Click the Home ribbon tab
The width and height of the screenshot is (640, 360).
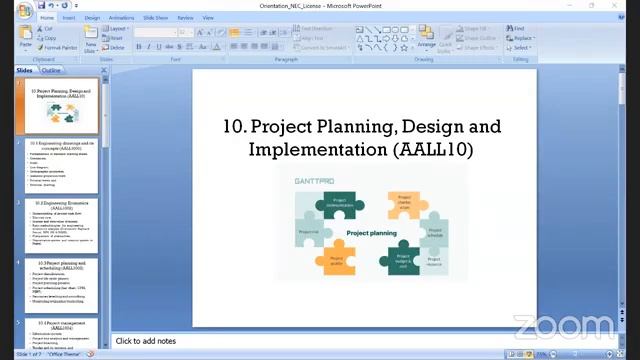click(47, 17)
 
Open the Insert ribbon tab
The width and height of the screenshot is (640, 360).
click(69, 17)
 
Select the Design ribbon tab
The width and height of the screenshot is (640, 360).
click(92, 17)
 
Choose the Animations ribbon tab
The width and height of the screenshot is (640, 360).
click(121, 17)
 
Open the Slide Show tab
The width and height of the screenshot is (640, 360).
click(155, 17)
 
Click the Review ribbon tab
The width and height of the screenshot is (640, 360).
click(185, 17)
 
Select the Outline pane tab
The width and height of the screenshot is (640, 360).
click(50, 70)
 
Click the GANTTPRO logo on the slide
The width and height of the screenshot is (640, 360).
click(314, 182)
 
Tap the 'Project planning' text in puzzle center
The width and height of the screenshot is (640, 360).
click(371, 233)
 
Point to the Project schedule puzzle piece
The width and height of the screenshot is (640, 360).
click(434, 232)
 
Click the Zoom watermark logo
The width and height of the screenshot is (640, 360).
click(565, 326)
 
